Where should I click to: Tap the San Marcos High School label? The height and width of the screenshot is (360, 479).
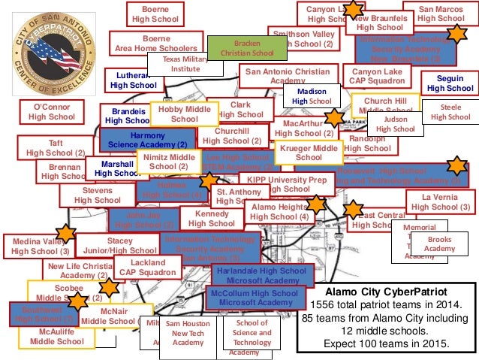coord(441,13)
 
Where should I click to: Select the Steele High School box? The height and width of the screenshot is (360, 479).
coord(450,112)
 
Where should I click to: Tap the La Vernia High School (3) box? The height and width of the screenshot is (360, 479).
coord(440,201)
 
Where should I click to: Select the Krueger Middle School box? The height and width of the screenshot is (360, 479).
coord(309,153)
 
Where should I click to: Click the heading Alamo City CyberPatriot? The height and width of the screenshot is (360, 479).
coord(384,292)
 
